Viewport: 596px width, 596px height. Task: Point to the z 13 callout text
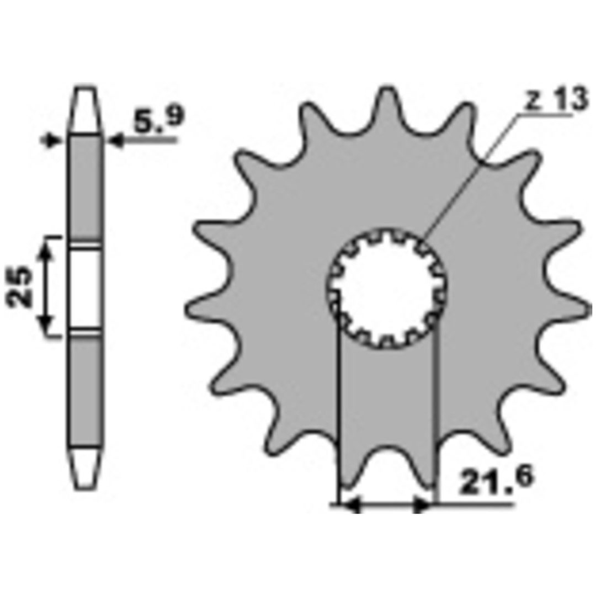[x=556, y=99]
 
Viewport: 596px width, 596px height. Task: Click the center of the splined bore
[x=387, y=288]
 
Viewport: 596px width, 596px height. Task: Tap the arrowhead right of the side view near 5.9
[x=116, y=141]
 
